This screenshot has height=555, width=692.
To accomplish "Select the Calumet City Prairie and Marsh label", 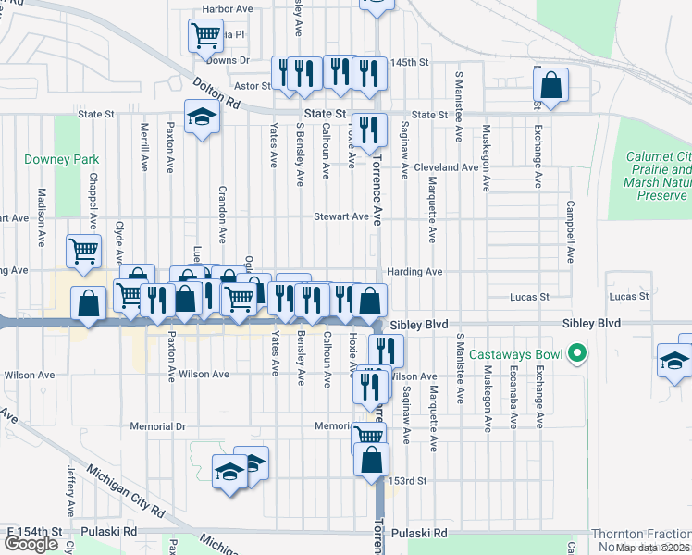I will (658, 176).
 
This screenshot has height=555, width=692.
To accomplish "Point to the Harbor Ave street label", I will (227, 9).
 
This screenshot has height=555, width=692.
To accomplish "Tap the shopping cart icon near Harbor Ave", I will (205, 35).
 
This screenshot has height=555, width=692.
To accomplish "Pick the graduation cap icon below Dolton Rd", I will (200, 117).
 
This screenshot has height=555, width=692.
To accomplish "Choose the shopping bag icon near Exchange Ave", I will (550, 85).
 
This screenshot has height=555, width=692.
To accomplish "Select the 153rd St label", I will (407, 481).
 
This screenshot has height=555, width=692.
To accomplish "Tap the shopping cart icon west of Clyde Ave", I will (83, 249).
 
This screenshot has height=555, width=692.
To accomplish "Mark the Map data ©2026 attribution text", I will (652, 548).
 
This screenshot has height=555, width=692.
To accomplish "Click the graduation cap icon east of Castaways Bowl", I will (674, 361).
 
